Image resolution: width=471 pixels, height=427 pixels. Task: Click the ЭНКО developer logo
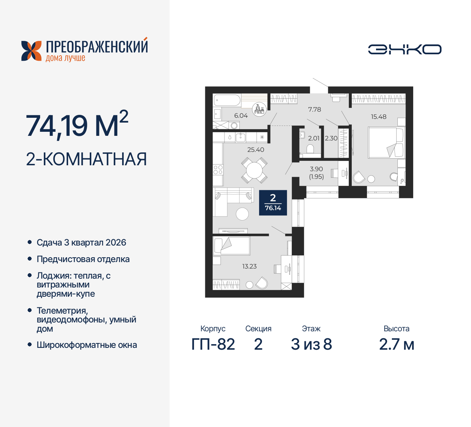405,49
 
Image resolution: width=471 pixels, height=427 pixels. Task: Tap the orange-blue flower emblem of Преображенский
31,51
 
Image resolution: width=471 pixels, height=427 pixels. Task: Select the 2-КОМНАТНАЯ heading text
86,159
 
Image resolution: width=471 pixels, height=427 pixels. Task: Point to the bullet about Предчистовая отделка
83,259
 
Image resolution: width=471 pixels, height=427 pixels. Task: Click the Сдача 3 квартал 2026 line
81,243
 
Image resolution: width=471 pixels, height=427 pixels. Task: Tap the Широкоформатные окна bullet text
87,345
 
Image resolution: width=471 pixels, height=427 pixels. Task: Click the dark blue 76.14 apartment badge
273,202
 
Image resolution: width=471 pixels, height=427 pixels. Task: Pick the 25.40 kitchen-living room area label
256,150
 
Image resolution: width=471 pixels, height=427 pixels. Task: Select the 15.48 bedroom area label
379,117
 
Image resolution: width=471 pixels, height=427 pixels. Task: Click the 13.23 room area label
249,266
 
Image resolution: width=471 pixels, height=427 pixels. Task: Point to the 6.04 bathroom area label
241,116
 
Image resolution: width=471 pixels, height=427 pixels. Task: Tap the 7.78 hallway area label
315,109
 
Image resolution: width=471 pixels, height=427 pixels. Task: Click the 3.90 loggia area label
316,169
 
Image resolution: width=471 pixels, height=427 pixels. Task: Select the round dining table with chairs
254,170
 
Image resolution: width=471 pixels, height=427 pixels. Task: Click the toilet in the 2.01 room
310,149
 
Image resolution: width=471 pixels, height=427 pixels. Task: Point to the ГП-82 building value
213,345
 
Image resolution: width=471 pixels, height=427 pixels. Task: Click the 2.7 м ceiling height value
397,345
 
